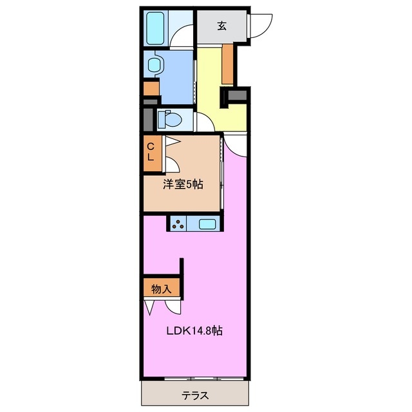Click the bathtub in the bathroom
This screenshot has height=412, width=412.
click(x=156, y=28)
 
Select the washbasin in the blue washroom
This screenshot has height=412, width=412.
click(x=154, y=65)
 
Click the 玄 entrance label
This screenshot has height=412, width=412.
click(x=221, y=26)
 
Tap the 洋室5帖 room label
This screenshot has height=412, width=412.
click(x=182, y=185)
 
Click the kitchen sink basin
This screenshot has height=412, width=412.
click(x=207, y=224)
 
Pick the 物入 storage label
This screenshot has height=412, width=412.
click(x=161, y=289)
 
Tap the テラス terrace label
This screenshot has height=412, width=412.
click(x=194, y=395)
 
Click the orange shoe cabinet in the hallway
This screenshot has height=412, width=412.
click(x=227, y=64)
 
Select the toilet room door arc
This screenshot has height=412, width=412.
click(x=201, y=121)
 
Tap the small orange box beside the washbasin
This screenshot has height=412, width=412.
click(x=151, y=87)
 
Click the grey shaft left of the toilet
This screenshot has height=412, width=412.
click(x=148, y=120)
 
